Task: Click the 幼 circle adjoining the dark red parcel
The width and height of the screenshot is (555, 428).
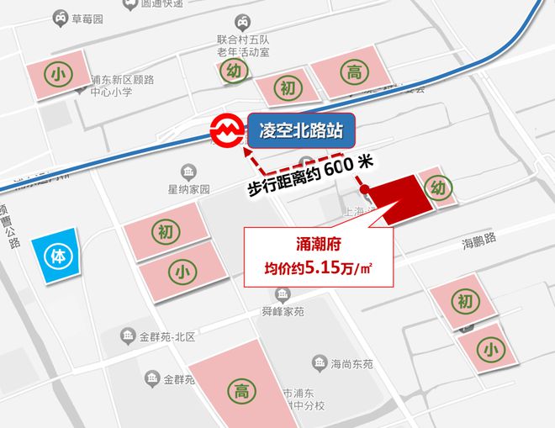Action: [x=438, y=187]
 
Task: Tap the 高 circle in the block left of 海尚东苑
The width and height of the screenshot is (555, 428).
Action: [x=240, y=389]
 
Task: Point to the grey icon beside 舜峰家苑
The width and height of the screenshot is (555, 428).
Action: [x=281, y=293]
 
